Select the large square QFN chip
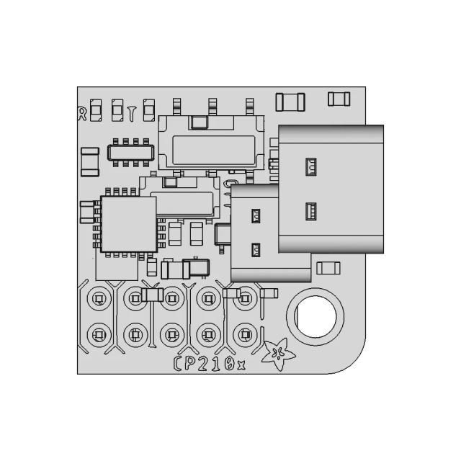click(x=128, y=224)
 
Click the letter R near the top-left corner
click(x=82, y=112)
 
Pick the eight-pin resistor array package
click(x=130, y=152)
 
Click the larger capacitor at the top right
click(x=290, y=102)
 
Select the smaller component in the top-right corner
click(x=339, y=99)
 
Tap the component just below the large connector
click(x=328, y=269)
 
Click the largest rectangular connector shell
click(x=331, y=189)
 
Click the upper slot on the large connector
click(x=311, y=167)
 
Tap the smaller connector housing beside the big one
click(x=254, y=233)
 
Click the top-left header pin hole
click(x=98, y=297)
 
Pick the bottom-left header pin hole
click(x=98, y=334)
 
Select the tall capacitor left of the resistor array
click(x=89, y=161)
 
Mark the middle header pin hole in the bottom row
click(x=171, y=334)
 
